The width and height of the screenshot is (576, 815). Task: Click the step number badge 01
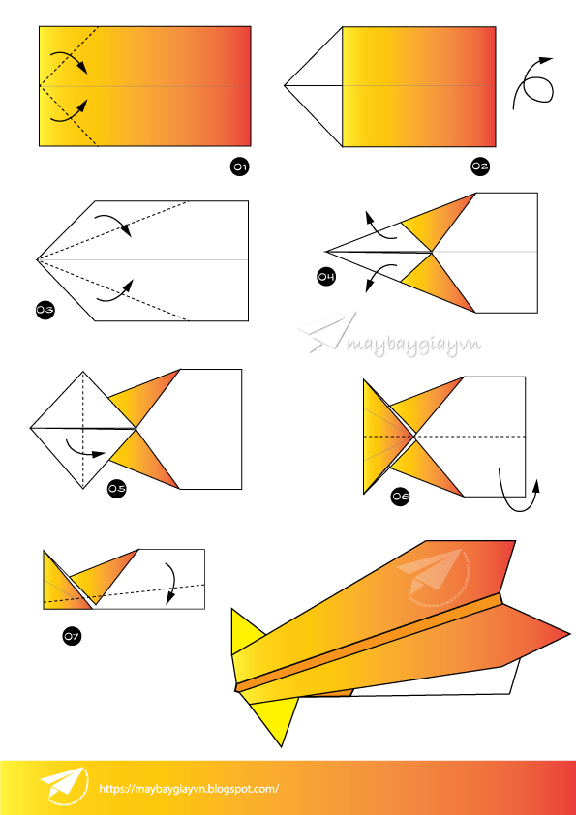[x=239, y=167]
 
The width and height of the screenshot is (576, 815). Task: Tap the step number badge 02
[x=479, y=166]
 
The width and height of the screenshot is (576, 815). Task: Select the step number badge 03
[x=44, y=310]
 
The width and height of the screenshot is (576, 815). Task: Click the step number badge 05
[x=116, y=489]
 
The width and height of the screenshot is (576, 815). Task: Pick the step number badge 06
[x=400, y=497]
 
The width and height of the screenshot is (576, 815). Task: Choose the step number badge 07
[x=71, y=636]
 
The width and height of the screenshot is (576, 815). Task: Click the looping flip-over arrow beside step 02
[x=534, y=83]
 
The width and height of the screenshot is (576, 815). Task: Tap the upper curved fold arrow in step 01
[x=68, y=56]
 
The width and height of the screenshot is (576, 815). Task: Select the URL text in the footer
[x=189, y=788]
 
